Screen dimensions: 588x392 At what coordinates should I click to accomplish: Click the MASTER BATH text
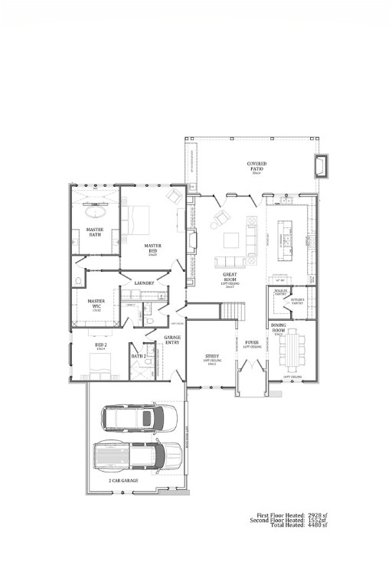click(95, 232)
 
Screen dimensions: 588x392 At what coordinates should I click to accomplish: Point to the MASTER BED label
click(152, 249)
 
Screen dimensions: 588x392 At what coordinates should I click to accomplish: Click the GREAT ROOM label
click(229, 276)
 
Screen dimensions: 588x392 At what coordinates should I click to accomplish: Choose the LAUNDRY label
click(144, 283)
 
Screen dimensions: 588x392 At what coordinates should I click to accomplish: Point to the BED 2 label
click(100, 346)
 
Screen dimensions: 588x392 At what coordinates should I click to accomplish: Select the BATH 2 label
click(139, 356)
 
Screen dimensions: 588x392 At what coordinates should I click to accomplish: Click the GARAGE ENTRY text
click(172, 339)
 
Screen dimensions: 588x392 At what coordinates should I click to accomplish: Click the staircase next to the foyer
click(233, 311)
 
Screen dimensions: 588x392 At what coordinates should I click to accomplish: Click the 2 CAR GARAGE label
click(123, 480)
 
